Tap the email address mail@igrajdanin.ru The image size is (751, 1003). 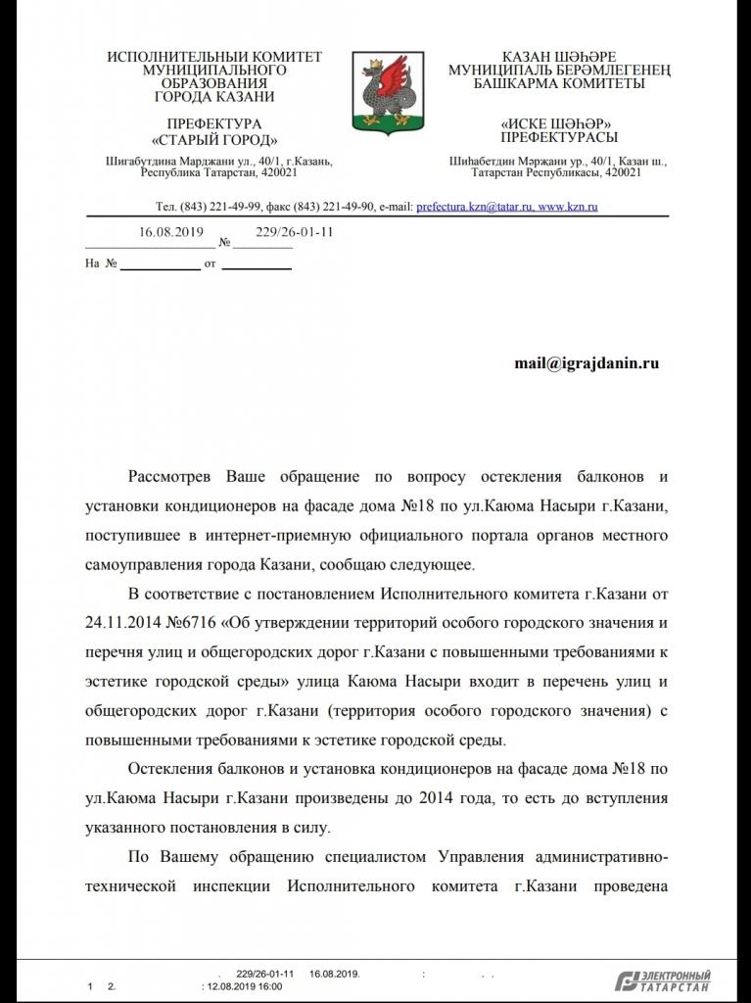[587, 363]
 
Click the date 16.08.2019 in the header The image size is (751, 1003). [170, 232]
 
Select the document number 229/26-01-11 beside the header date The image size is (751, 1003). [295, 232]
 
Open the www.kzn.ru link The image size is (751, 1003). [568, 208]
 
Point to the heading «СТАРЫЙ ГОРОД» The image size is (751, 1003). [214, 139]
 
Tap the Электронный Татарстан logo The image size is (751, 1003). [663, 980]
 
